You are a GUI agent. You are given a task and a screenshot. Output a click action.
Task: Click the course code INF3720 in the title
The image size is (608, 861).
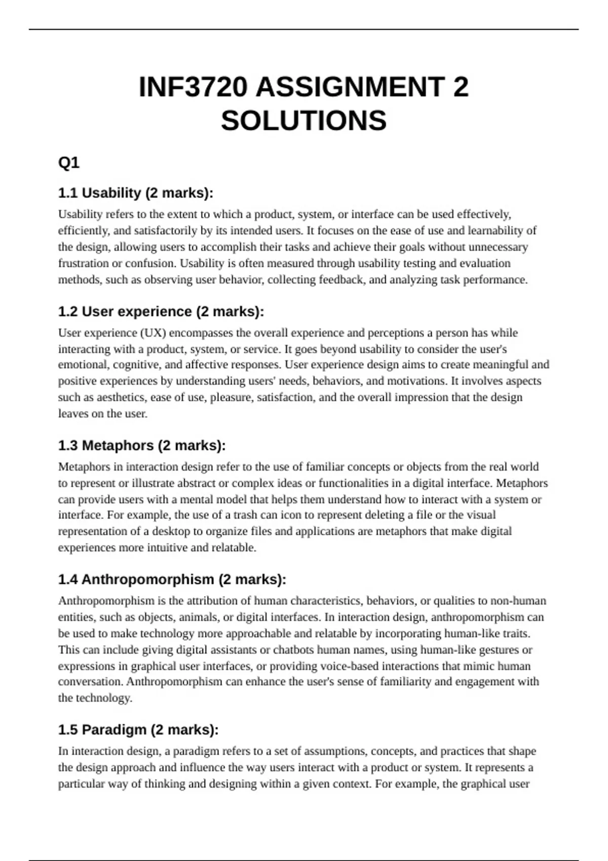tap(194, 87)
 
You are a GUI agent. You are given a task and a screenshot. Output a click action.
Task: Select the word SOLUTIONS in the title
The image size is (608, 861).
tap(303, 121)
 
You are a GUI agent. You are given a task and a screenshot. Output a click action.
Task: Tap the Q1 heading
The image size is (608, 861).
tap(69, 163)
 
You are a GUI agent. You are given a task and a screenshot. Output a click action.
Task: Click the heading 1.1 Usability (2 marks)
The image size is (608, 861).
tap(136, 193)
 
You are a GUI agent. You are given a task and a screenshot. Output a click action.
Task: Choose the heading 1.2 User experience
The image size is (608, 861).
tap(161, 311)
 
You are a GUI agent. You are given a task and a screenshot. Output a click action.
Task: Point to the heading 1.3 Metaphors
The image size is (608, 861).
tap(142, 445)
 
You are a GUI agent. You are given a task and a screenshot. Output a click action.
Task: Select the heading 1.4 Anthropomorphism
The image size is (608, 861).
tap(172, 579)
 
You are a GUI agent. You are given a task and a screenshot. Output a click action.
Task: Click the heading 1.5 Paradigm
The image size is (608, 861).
tap(138, 730)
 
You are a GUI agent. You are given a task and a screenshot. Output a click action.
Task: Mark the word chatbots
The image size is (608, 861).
tap(294, 650)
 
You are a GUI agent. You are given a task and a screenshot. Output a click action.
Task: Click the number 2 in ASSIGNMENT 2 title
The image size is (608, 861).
tap(461, 87)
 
